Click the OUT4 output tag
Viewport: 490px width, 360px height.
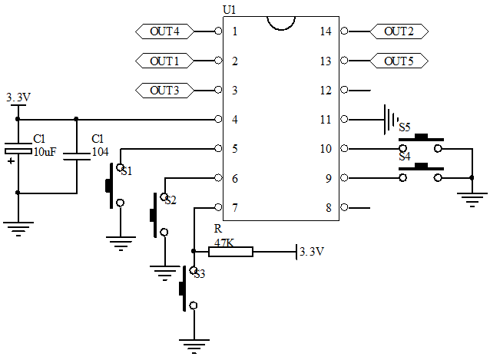(x=164, y=31)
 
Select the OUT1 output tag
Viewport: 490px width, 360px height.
(x=164, y=61)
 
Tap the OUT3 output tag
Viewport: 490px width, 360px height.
(x=164, y=91)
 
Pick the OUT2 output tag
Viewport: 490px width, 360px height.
(x=399, y=31)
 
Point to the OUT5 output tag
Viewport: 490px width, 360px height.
(x=399, y=61)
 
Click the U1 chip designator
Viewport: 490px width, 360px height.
(x=228, y=9)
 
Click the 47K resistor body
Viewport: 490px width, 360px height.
(x=230, y=251)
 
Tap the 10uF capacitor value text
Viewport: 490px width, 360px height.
(x=45, y=152)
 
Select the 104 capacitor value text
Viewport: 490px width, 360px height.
(x=100, y=152)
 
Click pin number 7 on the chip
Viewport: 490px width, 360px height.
(x=234, y=208)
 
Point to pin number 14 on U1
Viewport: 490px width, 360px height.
(x=325, y=31)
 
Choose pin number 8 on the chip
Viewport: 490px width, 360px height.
(x=328, y=208)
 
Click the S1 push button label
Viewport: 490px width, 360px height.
(x=127, y=171)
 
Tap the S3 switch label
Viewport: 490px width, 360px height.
(x=199, y=274)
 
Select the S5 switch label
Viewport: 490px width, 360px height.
(x=404, y=127)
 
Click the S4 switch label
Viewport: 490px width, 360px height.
(x=404, y=157)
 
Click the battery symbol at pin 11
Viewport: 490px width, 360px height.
(x=391, y=120)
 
